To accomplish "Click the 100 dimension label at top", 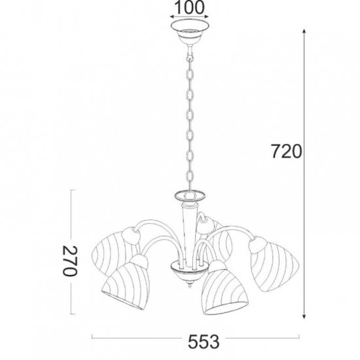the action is [x=189, y=7].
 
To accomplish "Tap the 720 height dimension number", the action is [x=286, y=152].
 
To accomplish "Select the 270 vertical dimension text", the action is [x=70, y=261].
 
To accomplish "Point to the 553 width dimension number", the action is [x=204, y=342].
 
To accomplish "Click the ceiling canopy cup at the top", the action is [x=190, y=32].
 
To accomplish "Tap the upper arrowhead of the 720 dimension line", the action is [x=304, y=32].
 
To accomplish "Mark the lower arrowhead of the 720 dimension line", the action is [x=304, y=316].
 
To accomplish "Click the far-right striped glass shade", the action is [x=273, y=264].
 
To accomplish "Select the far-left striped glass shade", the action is [x=113, y=253].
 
